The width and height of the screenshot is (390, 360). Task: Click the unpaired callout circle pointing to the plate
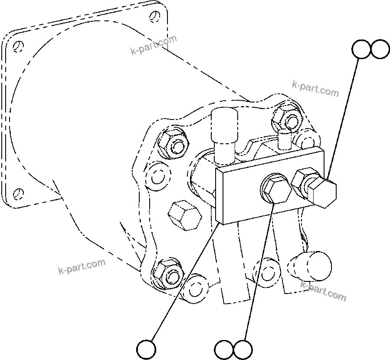tap(146, 348)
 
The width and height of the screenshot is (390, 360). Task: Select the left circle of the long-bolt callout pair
tap(361, 50)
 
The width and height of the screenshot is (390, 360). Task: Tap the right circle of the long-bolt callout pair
tap(380, 50)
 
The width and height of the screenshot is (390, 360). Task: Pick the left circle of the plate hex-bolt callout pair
tap(224, 349)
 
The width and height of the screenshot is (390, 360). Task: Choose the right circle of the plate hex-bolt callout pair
tap(243, 349)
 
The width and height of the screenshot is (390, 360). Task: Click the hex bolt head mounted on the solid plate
tap(276, 190)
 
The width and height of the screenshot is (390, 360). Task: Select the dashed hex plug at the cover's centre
tap(184, 215)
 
